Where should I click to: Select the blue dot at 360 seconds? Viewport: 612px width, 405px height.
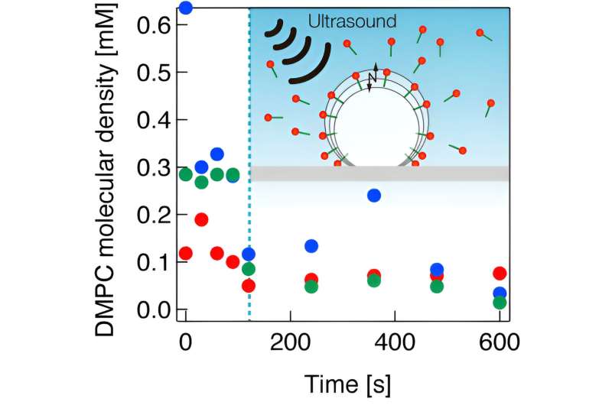[374, 195]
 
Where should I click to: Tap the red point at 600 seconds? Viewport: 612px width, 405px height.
[500, 274]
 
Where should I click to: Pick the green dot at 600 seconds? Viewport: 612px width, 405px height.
[500, 303]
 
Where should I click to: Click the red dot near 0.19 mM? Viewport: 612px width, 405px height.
[201, 219]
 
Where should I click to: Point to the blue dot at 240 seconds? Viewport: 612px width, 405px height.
[311, 246]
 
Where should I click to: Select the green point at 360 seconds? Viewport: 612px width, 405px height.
[374, 280]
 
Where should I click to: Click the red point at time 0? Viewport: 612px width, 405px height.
[185, 253]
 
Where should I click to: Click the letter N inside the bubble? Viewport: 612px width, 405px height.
[373, 78]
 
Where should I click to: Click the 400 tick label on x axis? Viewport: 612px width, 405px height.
[395, 338]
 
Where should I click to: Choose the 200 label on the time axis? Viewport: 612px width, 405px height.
[290, 338]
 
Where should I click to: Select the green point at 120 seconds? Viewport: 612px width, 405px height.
[249, 269]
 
